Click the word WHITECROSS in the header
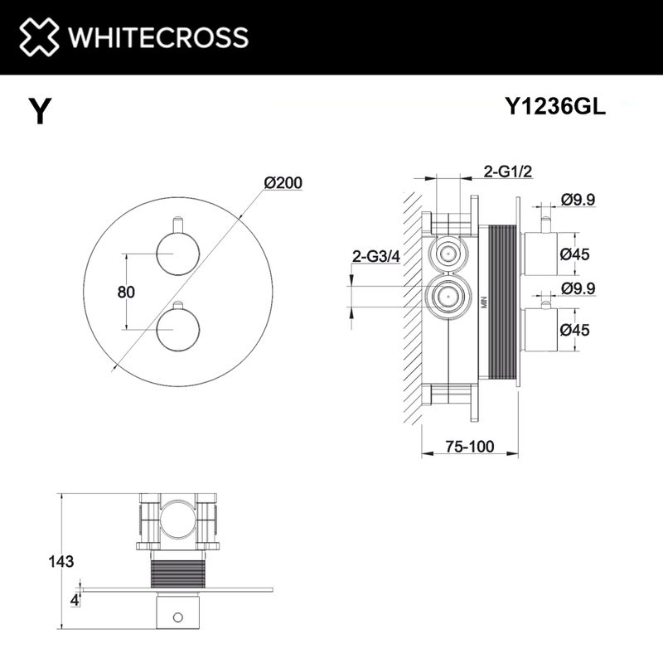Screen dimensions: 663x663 157,37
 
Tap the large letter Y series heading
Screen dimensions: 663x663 39,111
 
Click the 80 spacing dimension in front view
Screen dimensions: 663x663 104,292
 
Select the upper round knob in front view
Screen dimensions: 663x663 175,253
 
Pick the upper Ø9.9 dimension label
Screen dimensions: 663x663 578,199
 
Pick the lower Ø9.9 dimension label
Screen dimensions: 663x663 578,288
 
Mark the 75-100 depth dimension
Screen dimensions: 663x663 470,447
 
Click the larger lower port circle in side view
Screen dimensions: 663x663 448,294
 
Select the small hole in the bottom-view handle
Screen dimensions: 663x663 176,617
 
